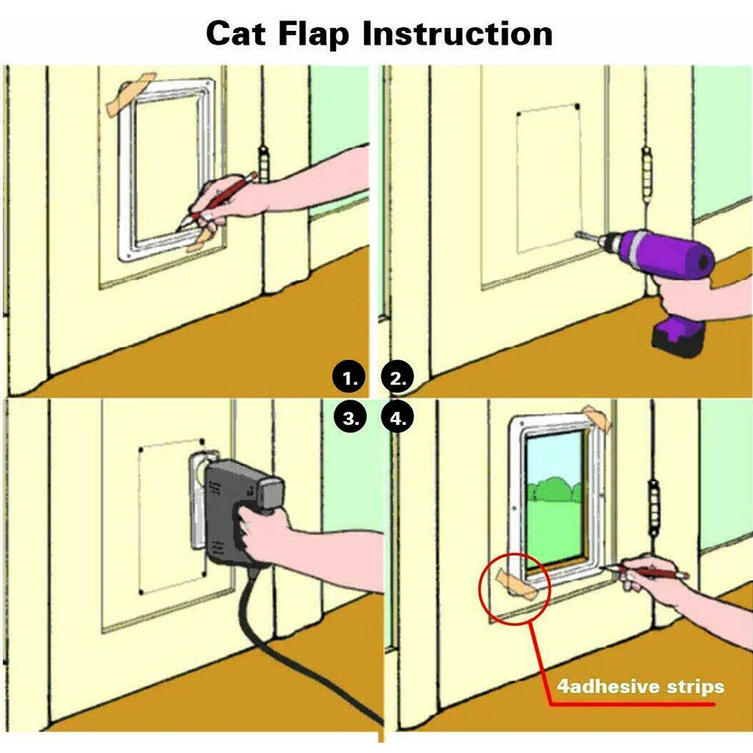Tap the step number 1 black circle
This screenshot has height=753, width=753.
pyautogui.click(x=350, y=378)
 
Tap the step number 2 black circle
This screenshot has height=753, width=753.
pyautogui.click(x=399, y=378)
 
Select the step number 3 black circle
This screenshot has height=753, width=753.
pyautogui.click(x=350, y=418)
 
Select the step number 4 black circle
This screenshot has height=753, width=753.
pyautogui.click(x=399, y=418)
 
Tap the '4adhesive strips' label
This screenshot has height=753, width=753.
pyautogui.click(x=640, y=686)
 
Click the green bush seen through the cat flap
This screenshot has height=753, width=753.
pyautogui.click(x=557, y=489)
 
